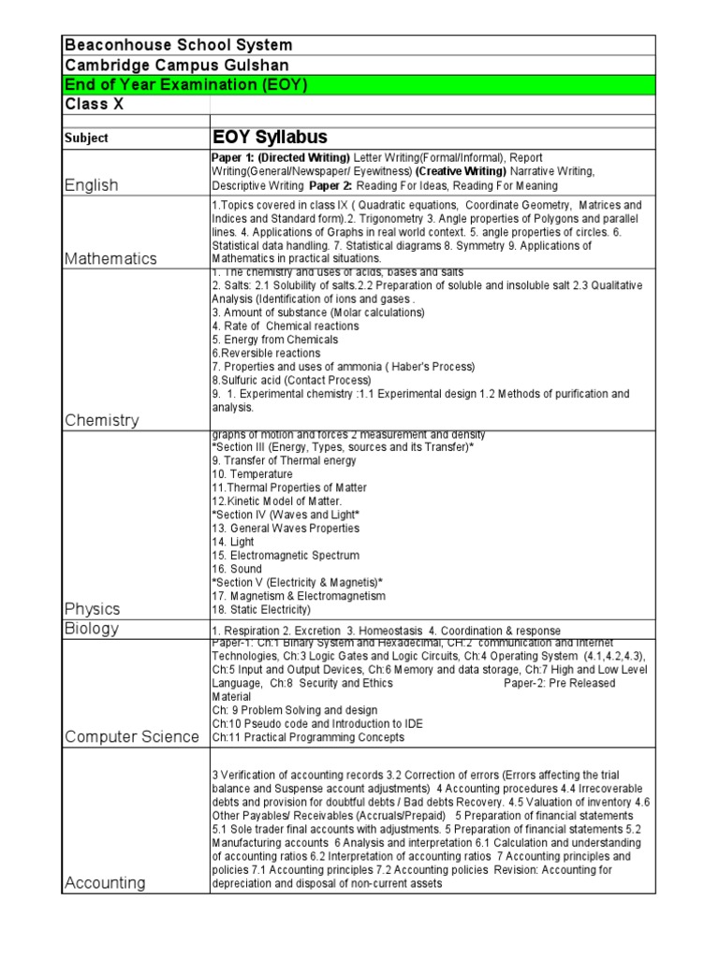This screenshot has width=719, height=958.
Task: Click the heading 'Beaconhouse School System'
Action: [178, 45]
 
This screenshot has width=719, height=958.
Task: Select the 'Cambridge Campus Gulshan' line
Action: [176, 65]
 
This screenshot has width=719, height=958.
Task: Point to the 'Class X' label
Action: [94, 104]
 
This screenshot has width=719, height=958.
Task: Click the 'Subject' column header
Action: [86, 138]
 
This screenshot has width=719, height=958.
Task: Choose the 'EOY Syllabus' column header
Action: [271, 138]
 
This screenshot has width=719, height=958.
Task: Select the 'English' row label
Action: [92, 185]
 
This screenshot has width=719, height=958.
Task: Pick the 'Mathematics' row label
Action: [110, 258]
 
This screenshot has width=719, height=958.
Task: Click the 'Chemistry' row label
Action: [102, 420]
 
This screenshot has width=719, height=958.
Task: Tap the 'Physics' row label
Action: [94, 609]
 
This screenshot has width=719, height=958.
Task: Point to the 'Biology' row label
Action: [92, 629]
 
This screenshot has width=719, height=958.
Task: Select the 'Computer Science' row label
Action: [132, 736]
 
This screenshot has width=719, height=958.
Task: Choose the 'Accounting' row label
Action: [105, 882]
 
